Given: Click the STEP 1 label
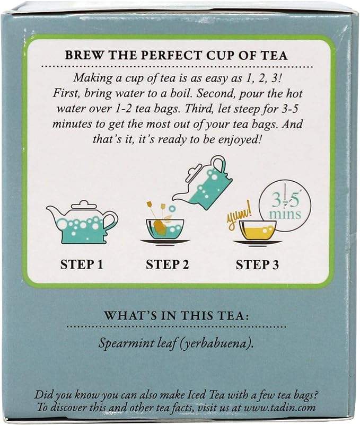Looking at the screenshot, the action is coord(82,264).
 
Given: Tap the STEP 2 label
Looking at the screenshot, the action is coord(167,264).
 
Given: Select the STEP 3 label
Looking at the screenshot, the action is coord(257,264).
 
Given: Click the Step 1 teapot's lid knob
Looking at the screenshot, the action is coord(83,203).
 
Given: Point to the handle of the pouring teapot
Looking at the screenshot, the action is coord(222,165).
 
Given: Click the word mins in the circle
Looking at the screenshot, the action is coord(285,214).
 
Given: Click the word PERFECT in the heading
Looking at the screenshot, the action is coord(172,55).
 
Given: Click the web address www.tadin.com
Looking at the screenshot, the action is coord(280,408).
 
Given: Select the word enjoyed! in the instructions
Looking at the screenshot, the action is coord(237,140).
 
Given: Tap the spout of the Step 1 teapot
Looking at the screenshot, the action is coord(52,211).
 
